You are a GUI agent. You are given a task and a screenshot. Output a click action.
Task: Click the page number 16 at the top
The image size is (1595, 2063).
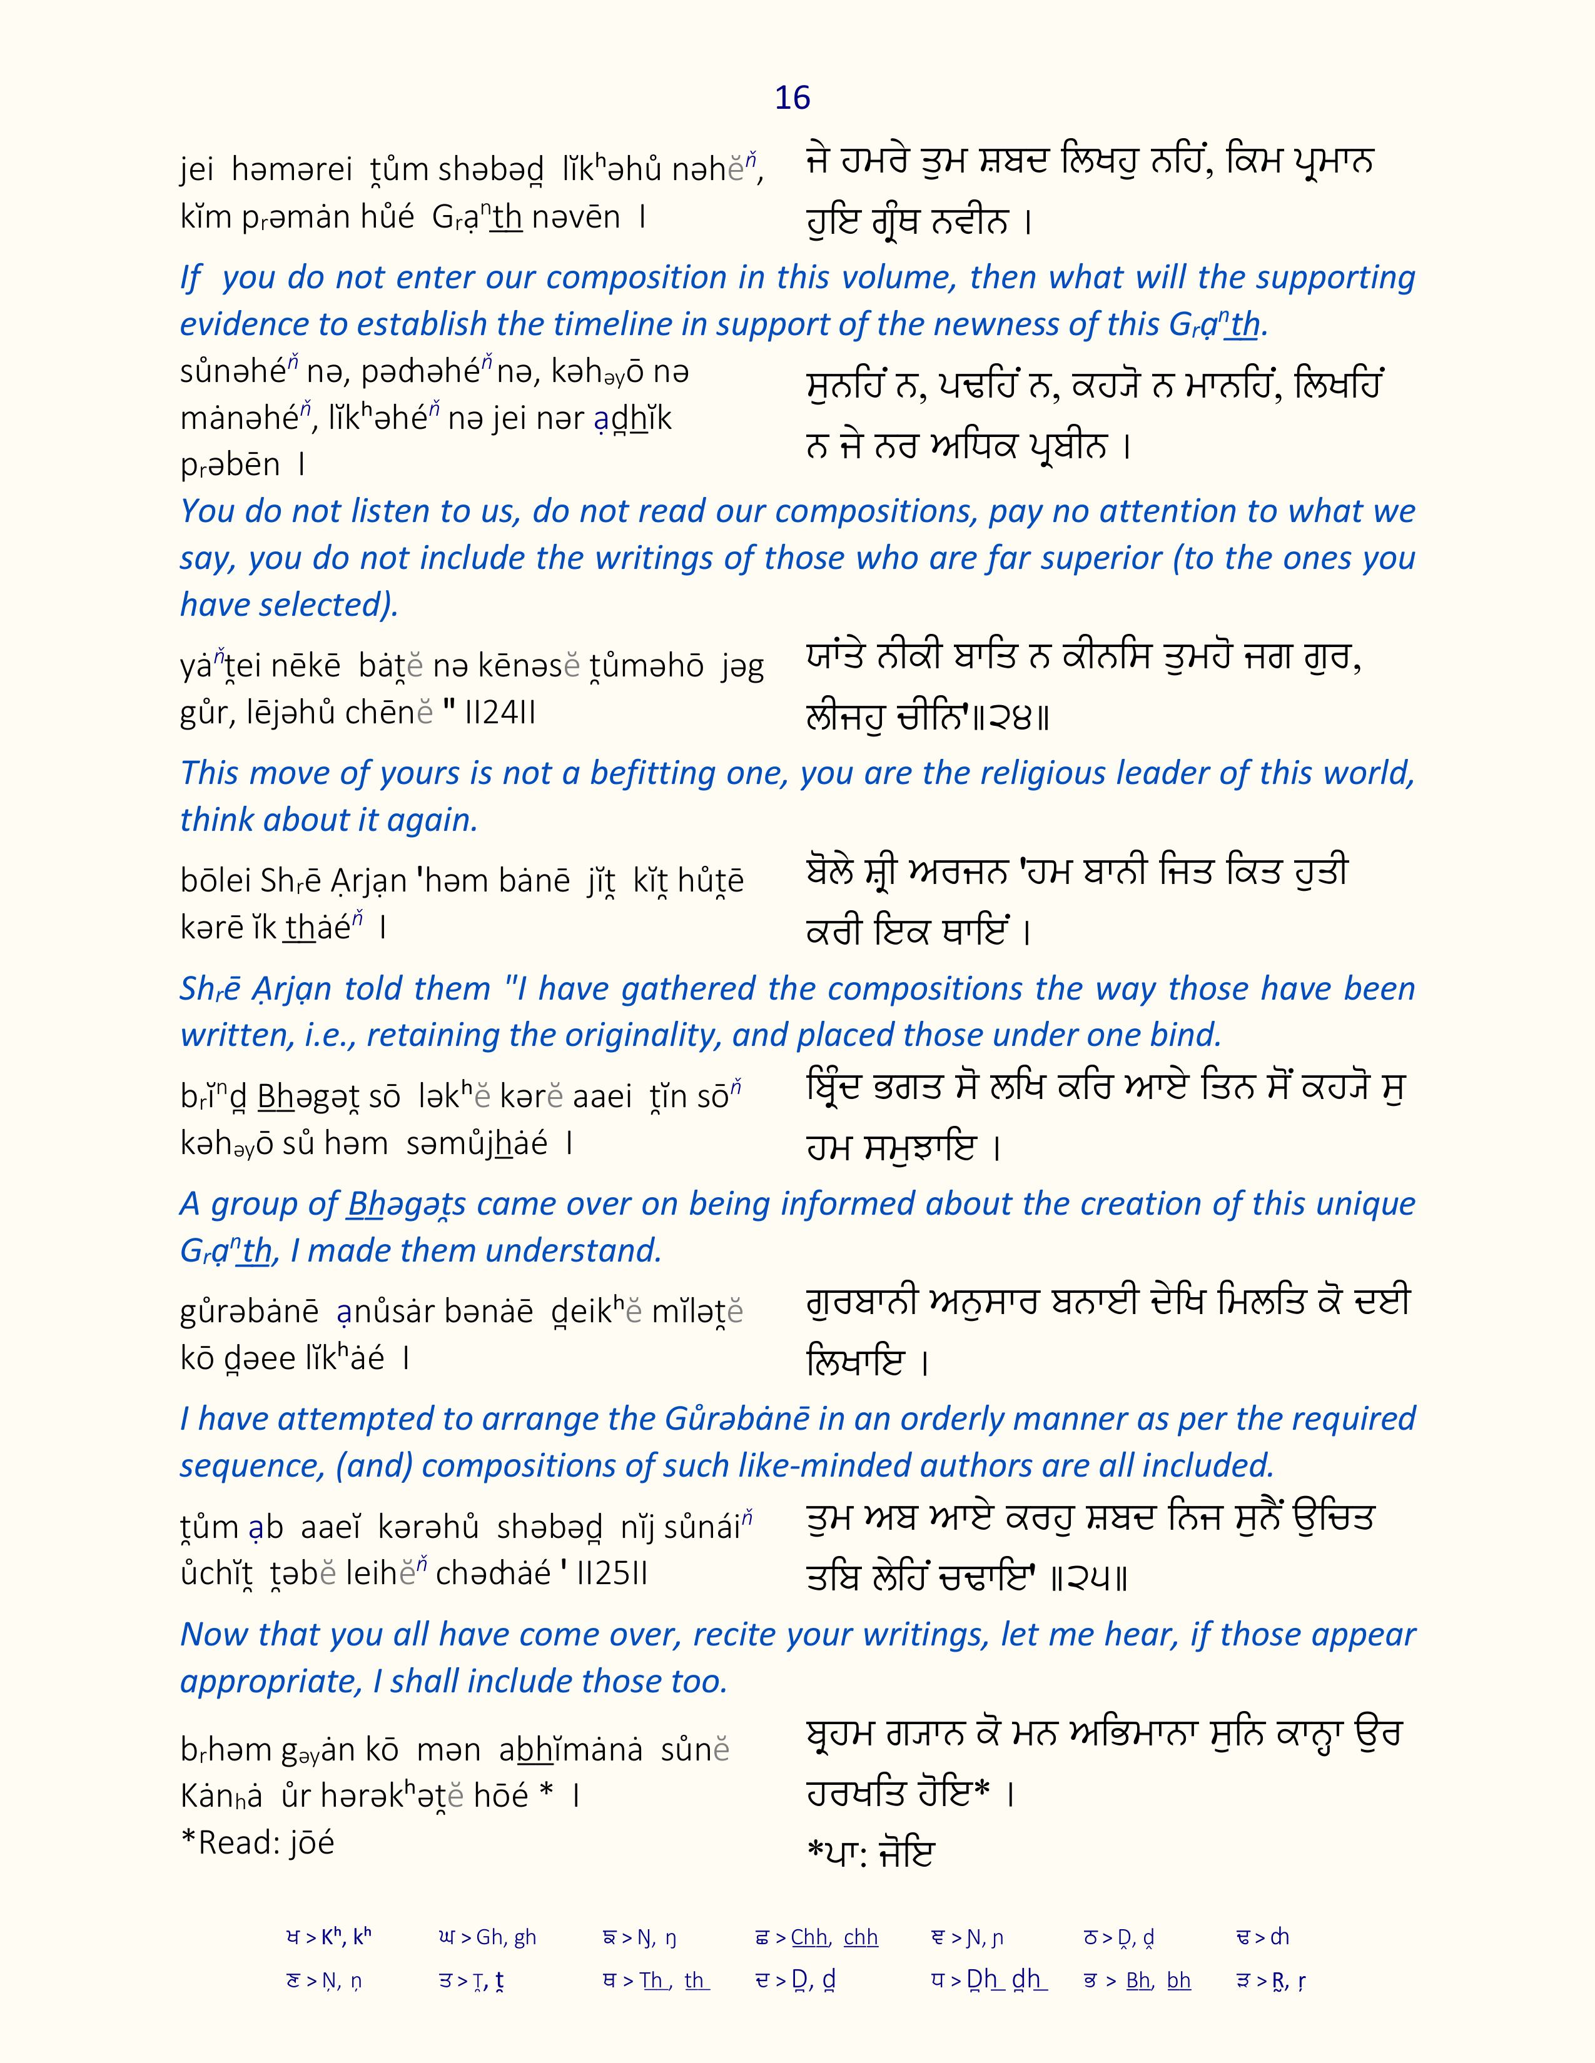(792, 98)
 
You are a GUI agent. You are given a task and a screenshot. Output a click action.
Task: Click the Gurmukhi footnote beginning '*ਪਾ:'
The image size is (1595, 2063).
(869, 1854)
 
